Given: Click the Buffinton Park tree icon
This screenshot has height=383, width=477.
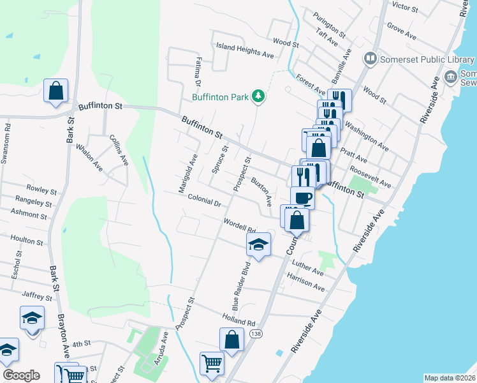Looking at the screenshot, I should tap(258, 97).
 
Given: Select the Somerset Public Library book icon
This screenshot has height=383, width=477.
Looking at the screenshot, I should tap(370, 60).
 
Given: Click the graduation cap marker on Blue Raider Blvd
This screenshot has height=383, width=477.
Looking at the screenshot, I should tap(259, 244).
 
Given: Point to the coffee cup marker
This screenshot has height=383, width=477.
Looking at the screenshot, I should tap(302, 197).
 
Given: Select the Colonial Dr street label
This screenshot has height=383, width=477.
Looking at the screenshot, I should tap(204, 201).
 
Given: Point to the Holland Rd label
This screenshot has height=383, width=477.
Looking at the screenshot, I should tap(238, 317).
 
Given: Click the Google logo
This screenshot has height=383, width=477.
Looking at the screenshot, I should tap(21, 375).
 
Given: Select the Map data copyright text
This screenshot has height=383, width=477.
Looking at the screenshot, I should tap(450, 378).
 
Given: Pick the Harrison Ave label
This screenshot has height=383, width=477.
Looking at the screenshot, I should tap(306, 283).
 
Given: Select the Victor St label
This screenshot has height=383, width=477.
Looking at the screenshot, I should tap(406, 8).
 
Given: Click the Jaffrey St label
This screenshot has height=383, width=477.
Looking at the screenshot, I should tap(36, 296).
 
